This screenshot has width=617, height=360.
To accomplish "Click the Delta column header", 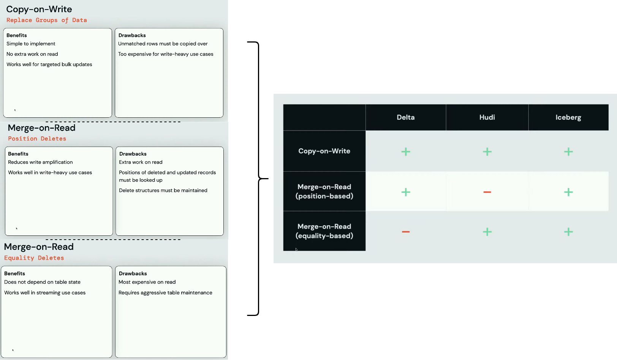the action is point(405,117).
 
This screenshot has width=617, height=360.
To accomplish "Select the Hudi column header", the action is point(487,117).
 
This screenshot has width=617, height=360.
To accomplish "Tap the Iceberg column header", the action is point(568,117).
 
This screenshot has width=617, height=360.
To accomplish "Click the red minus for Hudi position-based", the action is point(487,192).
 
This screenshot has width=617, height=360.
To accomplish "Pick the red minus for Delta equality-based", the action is point(406,232).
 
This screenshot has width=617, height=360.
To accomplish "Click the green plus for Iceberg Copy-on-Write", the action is point(568,152).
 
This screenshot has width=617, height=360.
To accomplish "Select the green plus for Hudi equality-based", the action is point(487,232).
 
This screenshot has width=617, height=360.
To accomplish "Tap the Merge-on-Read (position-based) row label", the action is point(324,191).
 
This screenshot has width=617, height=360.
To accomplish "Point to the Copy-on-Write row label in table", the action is point(324,151).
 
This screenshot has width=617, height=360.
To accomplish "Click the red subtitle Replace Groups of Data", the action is point(47,20).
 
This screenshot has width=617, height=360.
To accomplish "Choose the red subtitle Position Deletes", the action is point(37,139).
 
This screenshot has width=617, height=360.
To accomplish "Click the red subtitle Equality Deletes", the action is point(34,258).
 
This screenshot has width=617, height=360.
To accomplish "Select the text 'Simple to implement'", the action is point(31,44).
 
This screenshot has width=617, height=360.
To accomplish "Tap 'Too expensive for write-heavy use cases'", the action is point(166,54).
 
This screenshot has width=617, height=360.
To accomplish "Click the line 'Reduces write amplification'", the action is point(40,162).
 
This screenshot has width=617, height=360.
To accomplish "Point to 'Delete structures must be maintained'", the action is point(163,191).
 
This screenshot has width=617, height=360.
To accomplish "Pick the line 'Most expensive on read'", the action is point(147,282).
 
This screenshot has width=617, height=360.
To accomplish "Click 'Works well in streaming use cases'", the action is point(45,292).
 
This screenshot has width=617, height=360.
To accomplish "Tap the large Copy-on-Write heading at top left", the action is point(39,9).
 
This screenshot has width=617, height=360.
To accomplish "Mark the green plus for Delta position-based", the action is point(406,192).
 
